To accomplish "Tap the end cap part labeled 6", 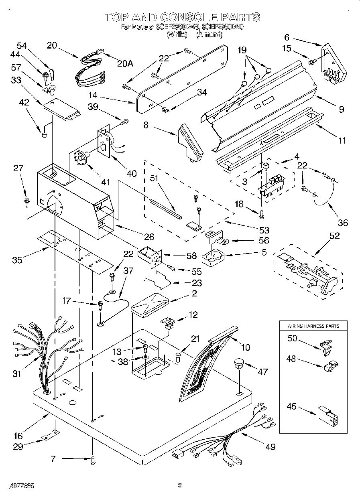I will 333,64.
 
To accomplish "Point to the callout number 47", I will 262,372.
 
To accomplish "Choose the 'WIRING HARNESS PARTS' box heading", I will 313,326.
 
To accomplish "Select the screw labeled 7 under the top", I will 94,461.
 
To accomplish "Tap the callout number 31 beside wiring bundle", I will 16,373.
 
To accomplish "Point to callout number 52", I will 334,236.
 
